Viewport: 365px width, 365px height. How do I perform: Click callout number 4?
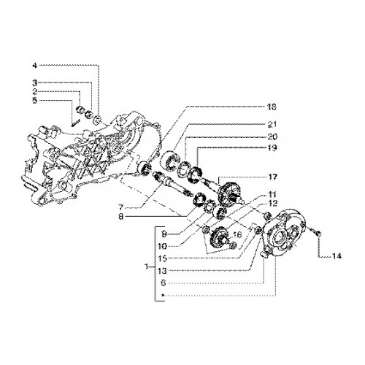35,66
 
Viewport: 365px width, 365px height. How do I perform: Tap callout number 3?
35,83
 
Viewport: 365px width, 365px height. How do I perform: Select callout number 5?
35,100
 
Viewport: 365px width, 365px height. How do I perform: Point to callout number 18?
272,107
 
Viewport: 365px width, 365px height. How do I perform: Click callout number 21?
272,124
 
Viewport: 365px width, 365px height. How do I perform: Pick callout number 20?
272,137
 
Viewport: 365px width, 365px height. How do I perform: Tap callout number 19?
272,148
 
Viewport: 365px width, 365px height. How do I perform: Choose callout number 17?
272,177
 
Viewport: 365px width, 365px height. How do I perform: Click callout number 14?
337,256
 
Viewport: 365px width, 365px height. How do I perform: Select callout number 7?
121,207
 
